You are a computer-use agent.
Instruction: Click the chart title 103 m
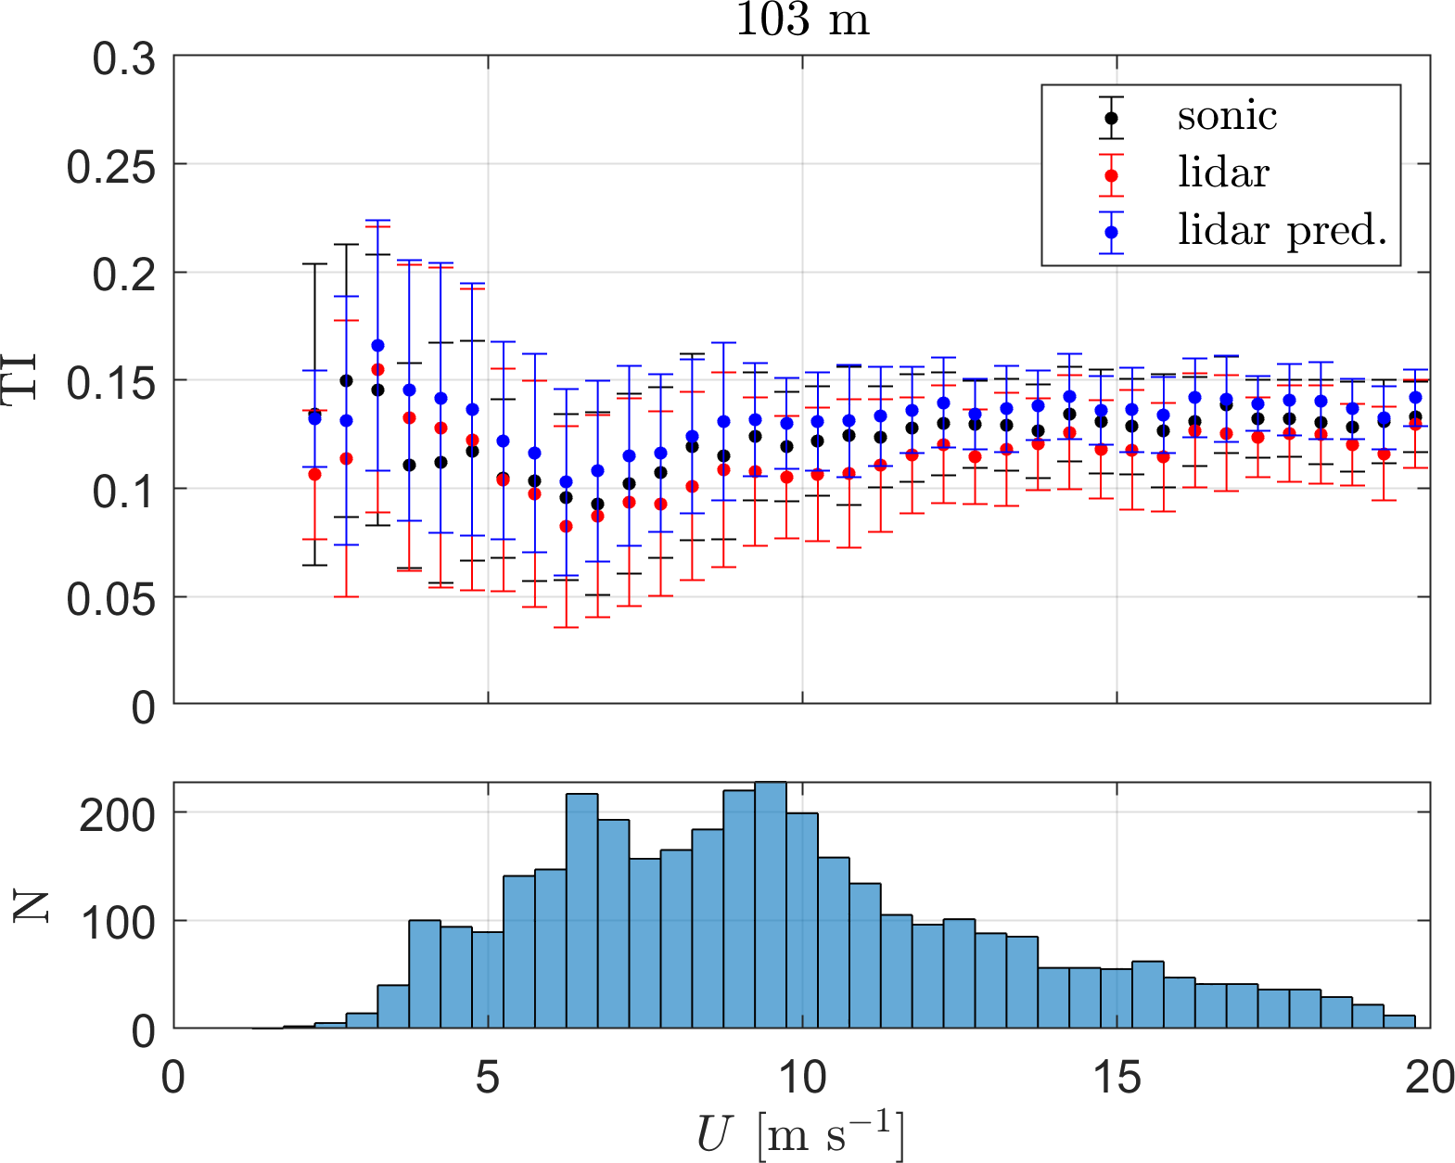tap(803, 20)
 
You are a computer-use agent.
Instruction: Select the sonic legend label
tap(1227, 116)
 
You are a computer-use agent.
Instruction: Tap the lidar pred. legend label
tap(1282, 230)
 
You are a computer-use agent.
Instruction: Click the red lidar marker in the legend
tap(1111, 174)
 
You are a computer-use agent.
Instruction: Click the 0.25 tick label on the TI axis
tap(110, 168)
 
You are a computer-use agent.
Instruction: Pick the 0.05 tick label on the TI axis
tap(110, 599)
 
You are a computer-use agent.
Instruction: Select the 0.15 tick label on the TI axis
tap(110, 383)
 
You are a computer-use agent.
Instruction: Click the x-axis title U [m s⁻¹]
tap(800, 1133)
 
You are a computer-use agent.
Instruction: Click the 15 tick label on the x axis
tap(1116, 1078)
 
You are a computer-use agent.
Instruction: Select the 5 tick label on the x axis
tap(488, 1078)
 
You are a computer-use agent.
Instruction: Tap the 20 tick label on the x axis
tap(1429, 1078)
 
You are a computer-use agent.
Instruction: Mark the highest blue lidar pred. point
tap(377, 346)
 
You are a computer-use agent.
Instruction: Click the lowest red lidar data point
tap(566, 526)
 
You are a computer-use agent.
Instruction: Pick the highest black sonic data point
tap(346, 380)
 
